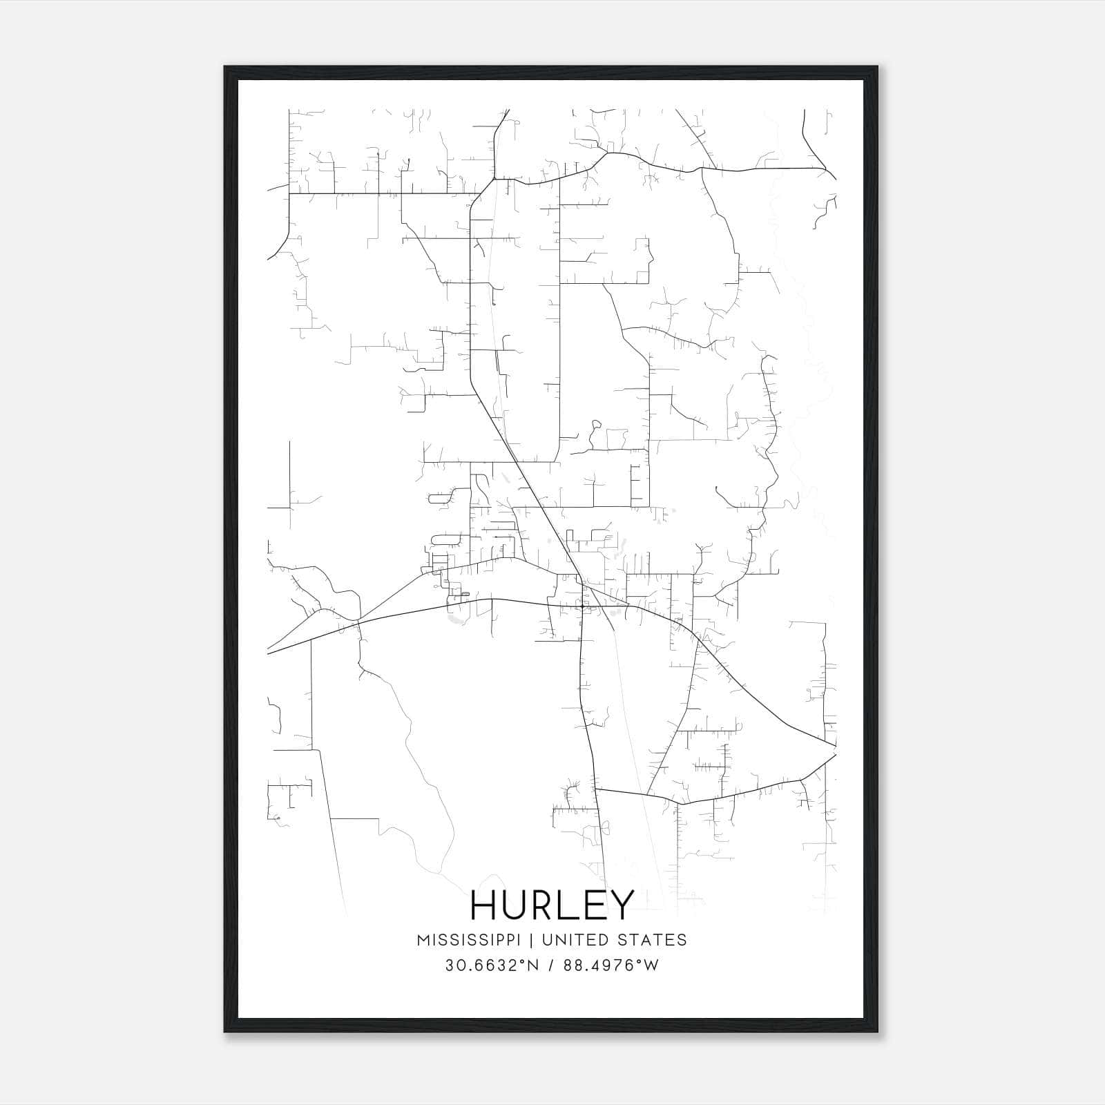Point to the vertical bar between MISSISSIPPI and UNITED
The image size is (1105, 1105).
click(x=536, y=940)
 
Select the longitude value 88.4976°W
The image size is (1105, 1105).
click(x=611, y=965)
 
